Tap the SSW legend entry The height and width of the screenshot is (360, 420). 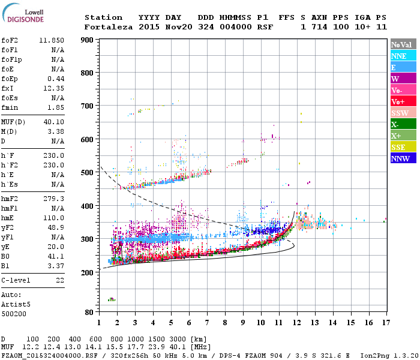400,113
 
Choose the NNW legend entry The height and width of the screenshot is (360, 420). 400,158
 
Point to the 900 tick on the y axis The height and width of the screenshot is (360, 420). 88,40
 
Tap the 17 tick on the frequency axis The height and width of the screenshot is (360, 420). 385,323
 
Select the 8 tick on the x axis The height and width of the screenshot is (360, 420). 225,323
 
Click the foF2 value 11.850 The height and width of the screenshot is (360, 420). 52,40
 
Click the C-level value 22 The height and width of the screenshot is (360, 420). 59,280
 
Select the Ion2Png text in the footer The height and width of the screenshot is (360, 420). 374,355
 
